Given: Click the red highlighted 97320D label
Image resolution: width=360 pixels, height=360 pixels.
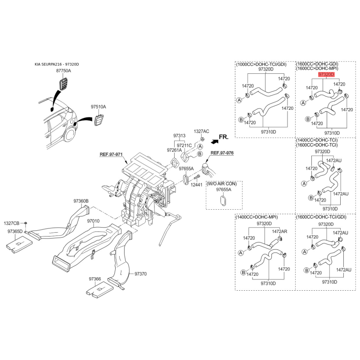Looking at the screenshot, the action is pos(326,74).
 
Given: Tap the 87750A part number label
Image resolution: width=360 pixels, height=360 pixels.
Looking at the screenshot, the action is pos(63,71).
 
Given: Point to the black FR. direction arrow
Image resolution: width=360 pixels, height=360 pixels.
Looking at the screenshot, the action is pos(215,142).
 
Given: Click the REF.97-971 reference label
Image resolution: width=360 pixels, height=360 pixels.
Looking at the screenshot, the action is pos(111,154).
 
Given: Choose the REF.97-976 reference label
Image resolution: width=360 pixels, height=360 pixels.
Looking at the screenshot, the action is pos(222,153).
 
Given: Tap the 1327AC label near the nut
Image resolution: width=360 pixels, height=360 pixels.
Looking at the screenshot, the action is pos(202,131).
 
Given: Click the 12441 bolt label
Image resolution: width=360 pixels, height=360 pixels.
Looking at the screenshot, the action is pos(197,184).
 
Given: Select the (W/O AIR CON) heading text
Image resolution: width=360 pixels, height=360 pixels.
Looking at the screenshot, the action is pos(221,184).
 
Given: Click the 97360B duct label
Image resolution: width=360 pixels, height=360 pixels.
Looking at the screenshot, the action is pos(81,201).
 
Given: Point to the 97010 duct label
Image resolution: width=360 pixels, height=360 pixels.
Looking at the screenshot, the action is pos(93,221).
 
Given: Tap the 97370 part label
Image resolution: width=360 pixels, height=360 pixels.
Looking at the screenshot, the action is pos(140,274).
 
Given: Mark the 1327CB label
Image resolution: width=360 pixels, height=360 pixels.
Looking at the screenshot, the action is pos(12,223).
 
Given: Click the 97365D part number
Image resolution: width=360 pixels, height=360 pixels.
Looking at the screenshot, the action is pos(15,231).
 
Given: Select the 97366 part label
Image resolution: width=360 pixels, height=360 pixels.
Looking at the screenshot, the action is pos(95,279).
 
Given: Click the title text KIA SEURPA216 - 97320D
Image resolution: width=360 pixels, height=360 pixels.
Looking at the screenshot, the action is pos(57,64).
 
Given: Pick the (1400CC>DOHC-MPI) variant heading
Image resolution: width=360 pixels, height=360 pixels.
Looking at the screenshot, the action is pos(257,217).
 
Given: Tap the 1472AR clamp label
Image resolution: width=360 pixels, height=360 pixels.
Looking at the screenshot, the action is pos(279,231).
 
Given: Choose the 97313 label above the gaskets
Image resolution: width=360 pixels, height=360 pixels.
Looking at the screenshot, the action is pos(179,136).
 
